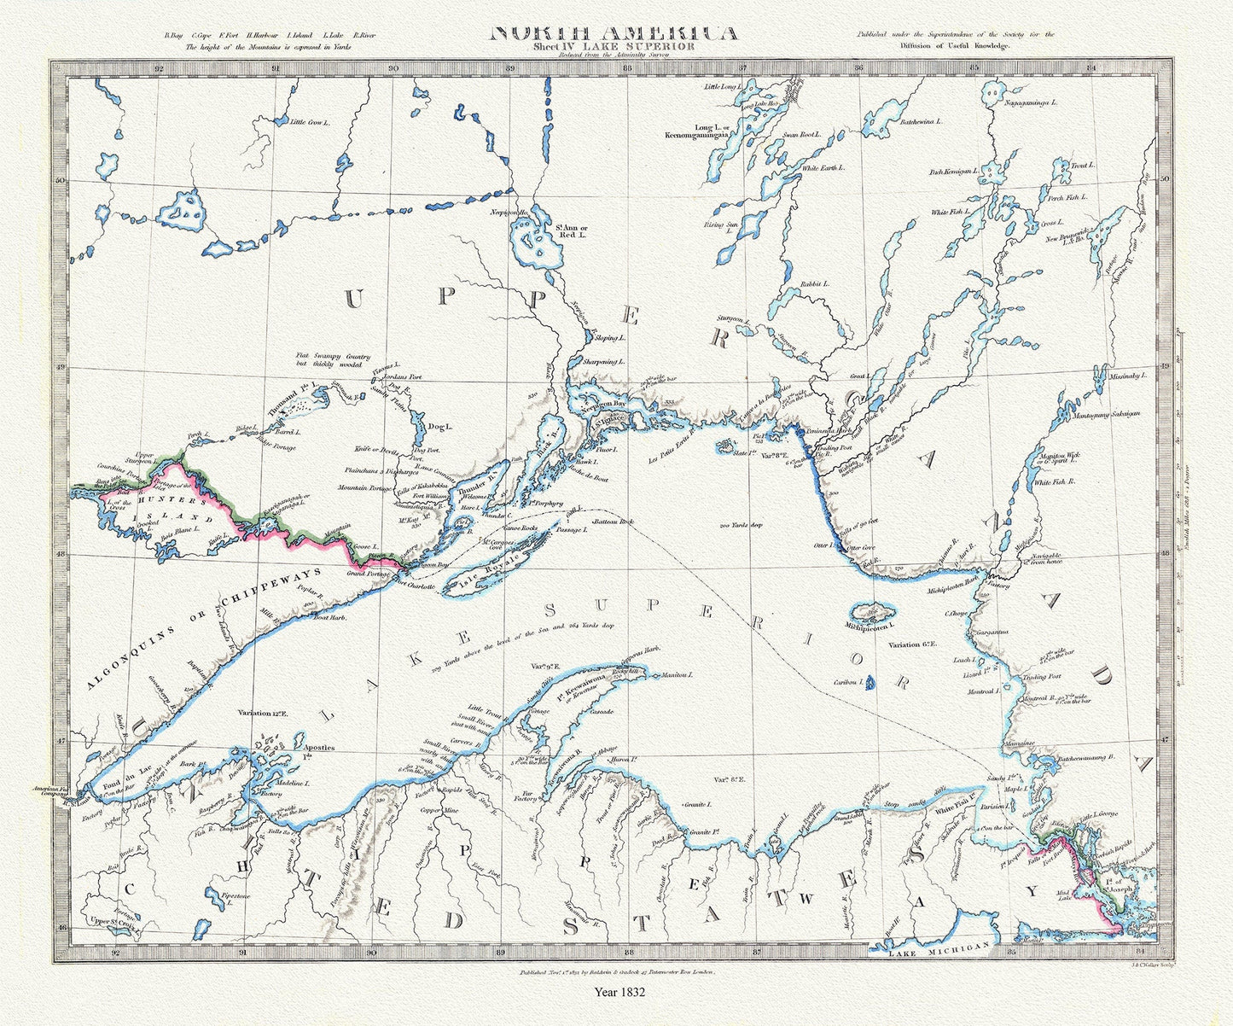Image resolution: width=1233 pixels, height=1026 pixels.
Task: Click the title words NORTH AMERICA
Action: pos(614,33)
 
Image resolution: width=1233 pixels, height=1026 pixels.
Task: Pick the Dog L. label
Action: pos(439,426)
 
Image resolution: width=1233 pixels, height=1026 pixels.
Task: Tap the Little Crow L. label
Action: pos(310,123)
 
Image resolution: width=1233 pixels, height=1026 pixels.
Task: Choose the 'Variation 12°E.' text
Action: pos(264,712)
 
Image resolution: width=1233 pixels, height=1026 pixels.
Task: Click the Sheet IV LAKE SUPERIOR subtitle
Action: pos(614,47)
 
